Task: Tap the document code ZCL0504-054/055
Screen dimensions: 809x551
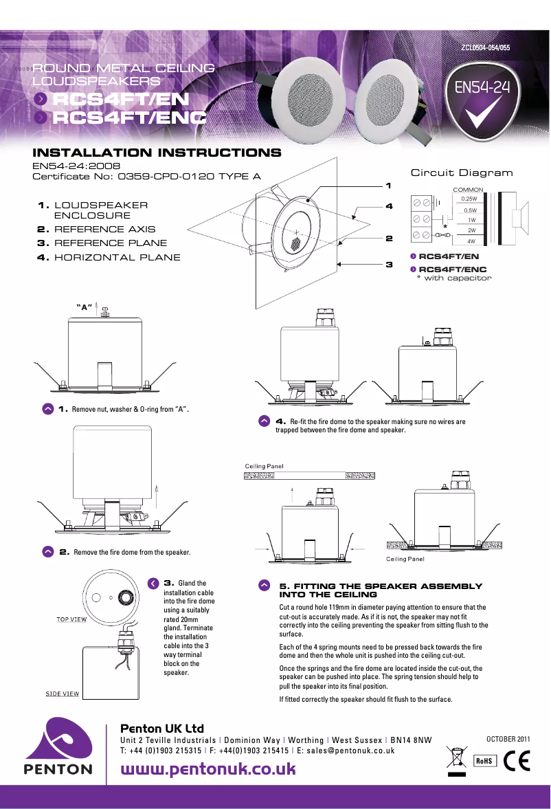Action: coord(485,48)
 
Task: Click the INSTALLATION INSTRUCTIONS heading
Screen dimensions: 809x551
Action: coord(157,153)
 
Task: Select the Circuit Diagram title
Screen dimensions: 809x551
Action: coord(461,173)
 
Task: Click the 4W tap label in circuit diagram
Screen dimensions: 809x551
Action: coord(471,241)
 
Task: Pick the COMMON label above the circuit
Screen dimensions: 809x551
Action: coord(469,189)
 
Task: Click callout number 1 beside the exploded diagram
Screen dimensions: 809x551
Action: coord(388,186)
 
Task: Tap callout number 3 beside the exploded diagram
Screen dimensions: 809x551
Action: coord(388,264)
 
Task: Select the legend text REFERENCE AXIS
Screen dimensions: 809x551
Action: coord(104,230)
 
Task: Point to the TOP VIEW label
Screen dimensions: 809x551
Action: coord(71,619)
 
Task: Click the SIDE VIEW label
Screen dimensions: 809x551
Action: coord(63,694)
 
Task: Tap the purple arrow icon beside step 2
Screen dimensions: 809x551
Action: coord(48,552)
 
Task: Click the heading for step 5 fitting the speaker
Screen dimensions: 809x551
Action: coord(381,590)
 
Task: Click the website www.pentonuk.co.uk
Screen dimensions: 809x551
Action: coord(208,768)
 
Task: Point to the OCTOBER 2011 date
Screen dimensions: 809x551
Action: coord(508,738)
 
